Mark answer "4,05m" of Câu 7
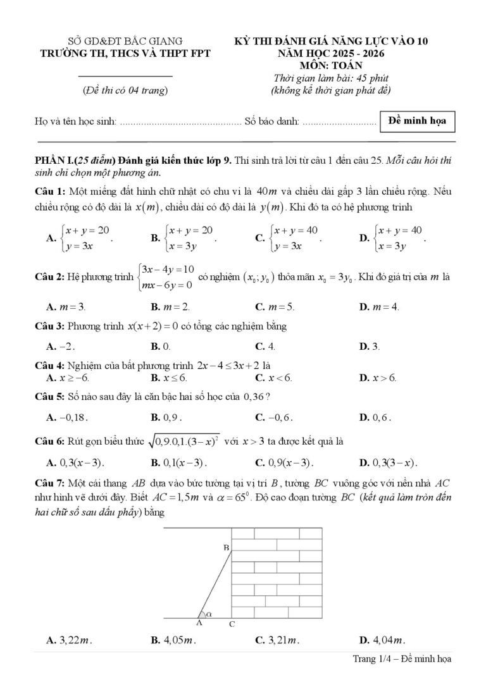click(173, 640)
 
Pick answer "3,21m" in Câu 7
click(277, 640)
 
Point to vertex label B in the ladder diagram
click(224, 547)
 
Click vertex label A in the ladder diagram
click(199, 622)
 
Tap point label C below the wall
click(232, 624)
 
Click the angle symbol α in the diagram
click(209, 613)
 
